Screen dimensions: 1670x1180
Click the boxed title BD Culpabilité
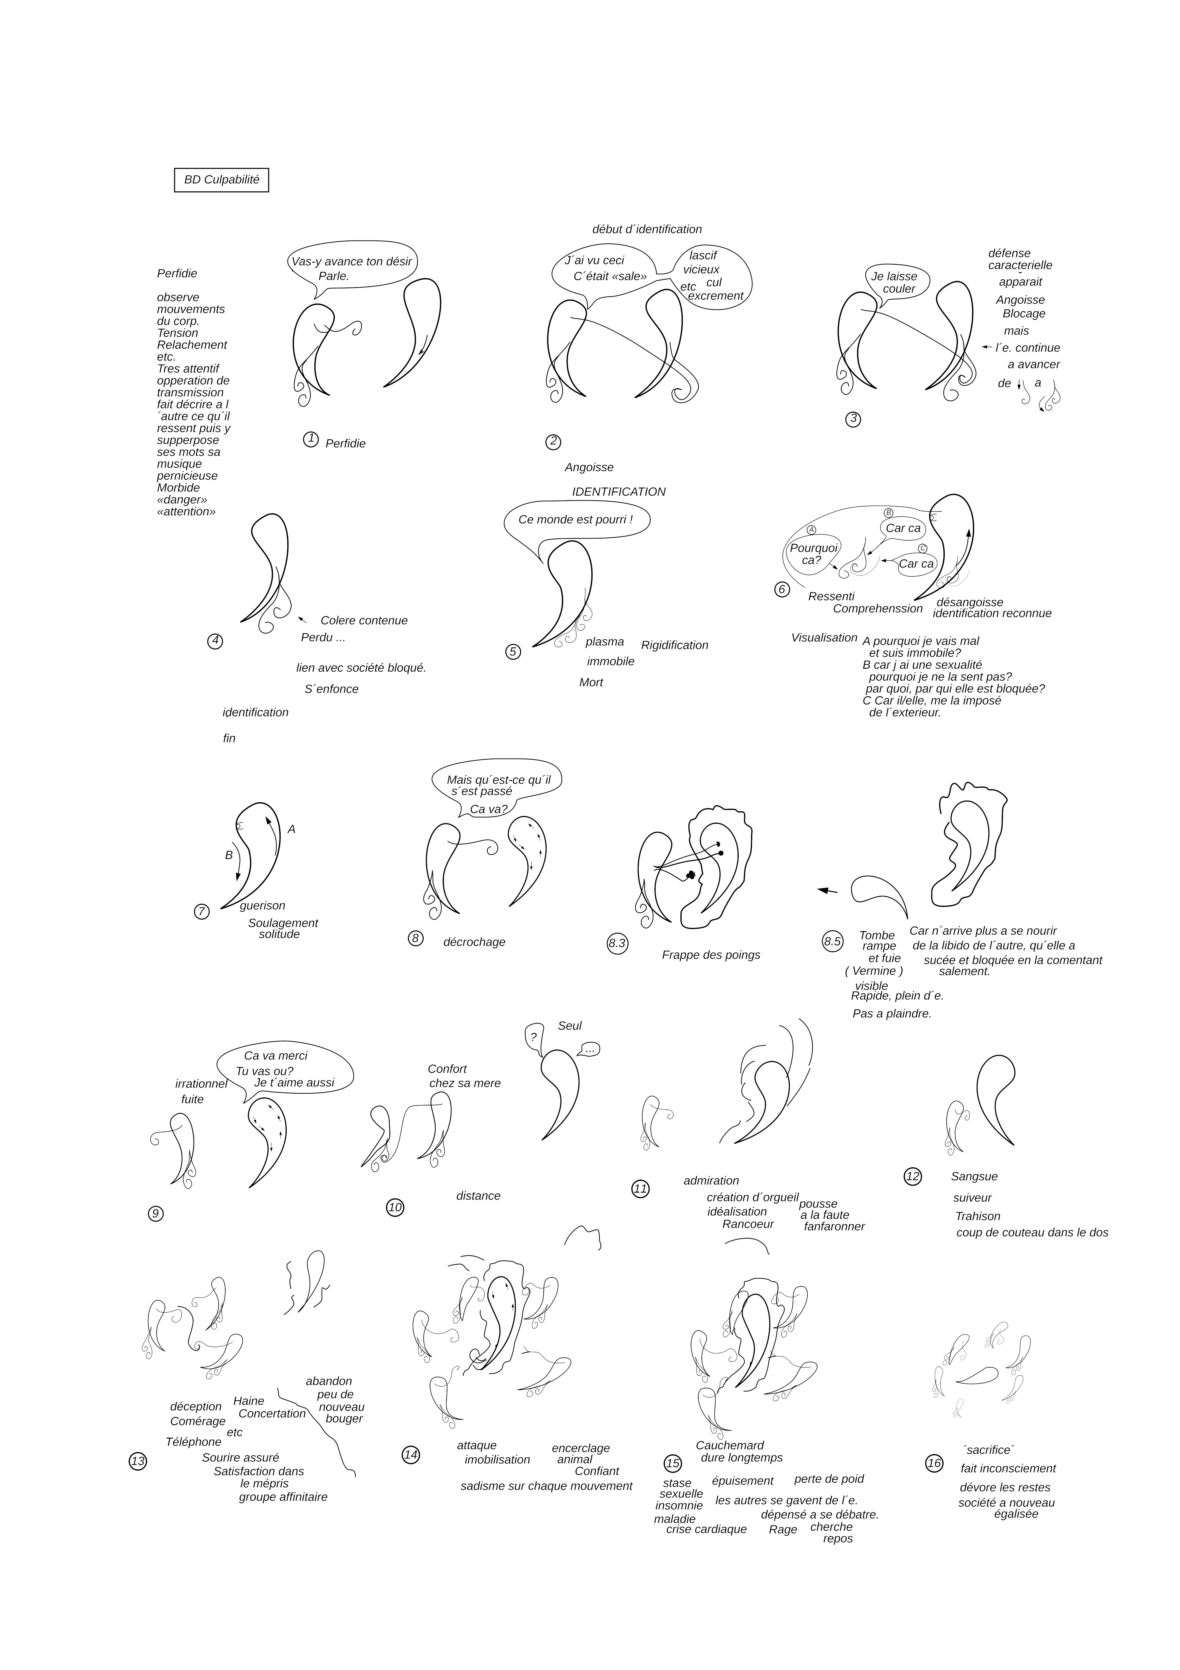coord(222,180)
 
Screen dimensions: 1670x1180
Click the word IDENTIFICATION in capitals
coord(619,492)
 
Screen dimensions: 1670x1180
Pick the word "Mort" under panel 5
coord(591,682)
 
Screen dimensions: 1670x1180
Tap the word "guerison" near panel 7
coord(262,905)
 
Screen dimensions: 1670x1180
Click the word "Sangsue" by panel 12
coord(974,1176)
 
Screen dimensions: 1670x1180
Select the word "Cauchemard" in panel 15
coord(730,1445)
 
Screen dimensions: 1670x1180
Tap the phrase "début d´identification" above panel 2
coord(647,229)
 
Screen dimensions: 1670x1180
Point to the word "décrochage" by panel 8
coord(474,942)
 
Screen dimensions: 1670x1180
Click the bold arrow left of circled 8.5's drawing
coord(827,890)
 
